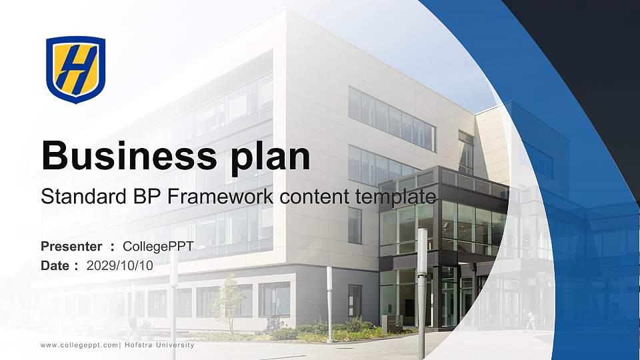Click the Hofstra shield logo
(x=75, y=69)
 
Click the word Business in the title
(x=129, y=156)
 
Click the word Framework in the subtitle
(x=221, y=197)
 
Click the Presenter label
(x=71, y=247)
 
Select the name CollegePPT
(x=158, y=247)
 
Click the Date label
(x=55, y=266)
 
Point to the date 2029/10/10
(x=119, y=266)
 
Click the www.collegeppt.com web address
(x=79, y=345)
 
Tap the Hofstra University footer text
(x=159, y=345)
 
